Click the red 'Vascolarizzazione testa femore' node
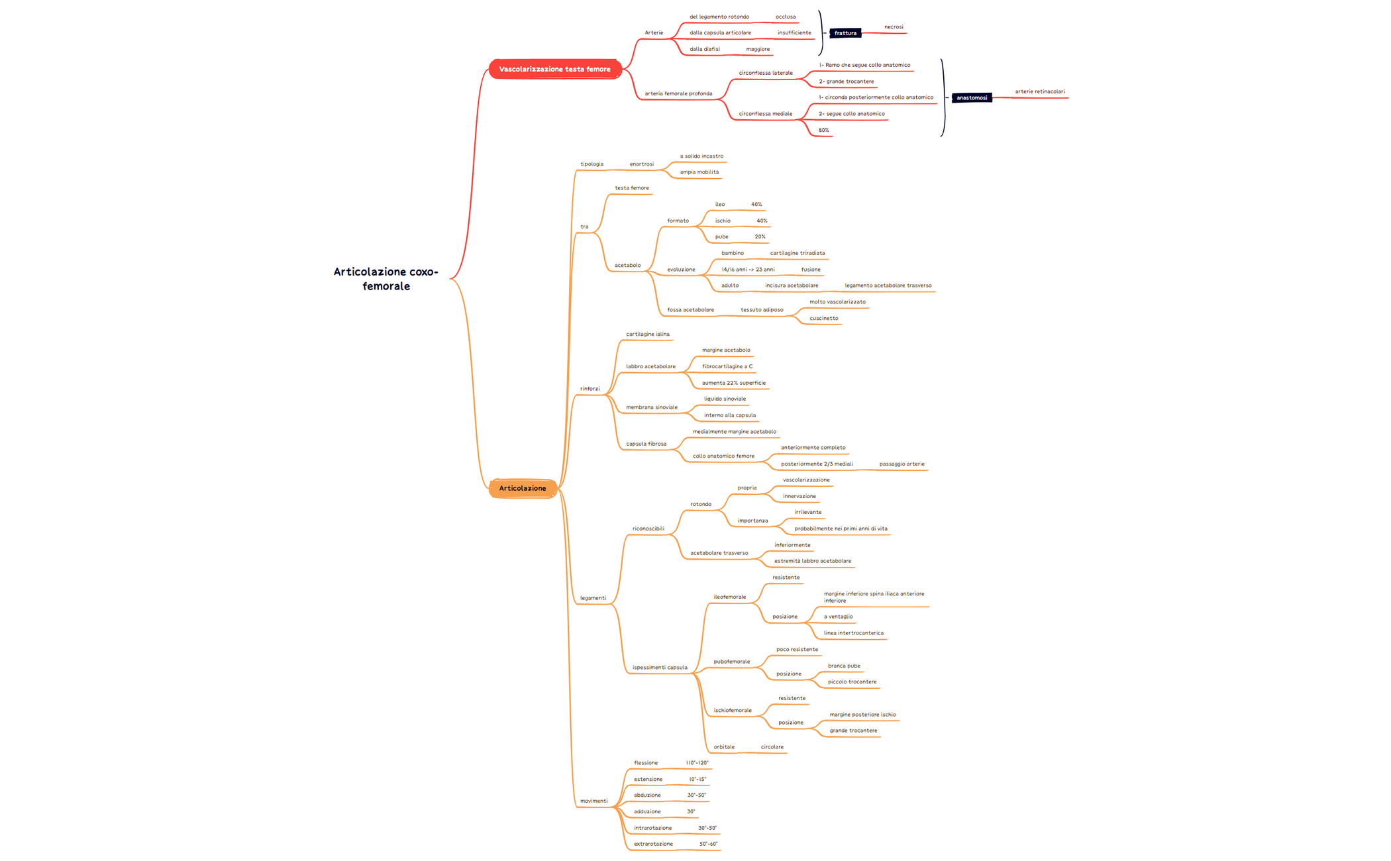click(554, 69)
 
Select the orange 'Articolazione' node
click(522, 488)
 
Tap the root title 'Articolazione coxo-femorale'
click(386, 279)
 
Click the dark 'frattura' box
click(845, 33)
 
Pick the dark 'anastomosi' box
click(971, 98)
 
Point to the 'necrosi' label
click(894, 27)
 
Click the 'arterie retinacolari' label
click(1039, 91)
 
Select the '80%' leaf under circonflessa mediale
click(823, 130)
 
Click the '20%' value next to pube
click(760, 236)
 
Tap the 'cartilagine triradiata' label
click(798, 253)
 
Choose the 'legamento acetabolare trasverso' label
click(888, 285)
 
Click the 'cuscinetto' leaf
click(823, 318)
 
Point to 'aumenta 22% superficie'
click(733, 383)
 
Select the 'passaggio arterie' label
click(902, 464)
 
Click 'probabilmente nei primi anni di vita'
click(841, 529)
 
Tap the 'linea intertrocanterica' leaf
click(853, 633)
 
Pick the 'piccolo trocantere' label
click(852, 682)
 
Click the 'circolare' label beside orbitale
click(772, 747)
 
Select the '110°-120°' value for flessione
click(697, 763)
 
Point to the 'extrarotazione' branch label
click(653, 844)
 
